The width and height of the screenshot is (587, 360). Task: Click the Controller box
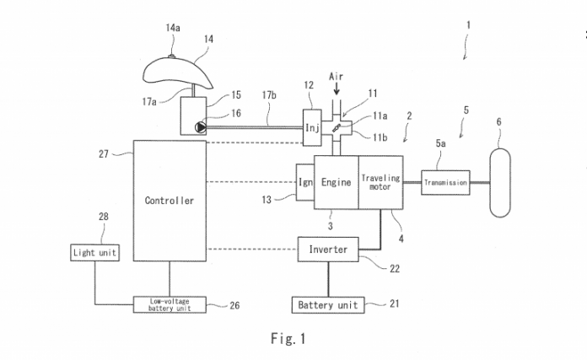coord(170,201)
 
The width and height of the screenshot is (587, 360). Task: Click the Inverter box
coord(329,249)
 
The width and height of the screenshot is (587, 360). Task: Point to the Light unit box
coord(94,252)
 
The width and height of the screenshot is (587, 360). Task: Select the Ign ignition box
coord(304,181)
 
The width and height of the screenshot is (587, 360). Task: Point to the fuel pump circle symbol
coord(199,128)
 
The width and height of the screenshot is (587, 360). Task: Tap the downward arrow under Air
coord(337,88)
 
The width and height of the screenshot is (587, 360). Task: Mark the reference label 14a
coord(173,28)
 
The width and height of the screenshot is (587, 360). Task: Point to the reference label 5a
coord(442,144)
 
